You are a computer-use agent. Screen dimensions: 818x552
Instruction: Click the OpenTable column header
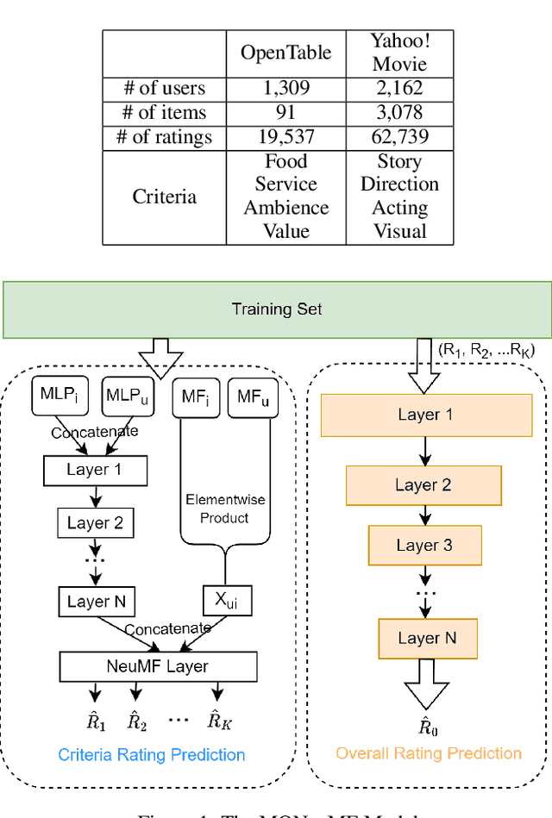coord(285,53)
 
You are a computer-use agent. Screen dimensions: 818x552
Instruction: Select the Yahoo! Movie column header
coord(398,53)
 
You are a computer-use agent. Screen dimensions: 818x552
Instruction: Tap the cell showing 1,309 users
coord(285,88)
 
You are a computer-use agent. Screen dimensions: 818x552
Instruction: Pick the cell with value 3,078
coord(398,113)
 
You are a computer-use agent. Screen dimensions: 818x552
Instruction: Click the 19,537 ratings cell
coord(285,138)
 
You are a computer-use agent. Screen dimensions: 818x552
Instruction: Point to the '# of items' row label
coord(164,113)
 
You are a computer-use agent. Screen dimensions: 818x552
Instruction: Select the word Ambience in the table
coord(285,208)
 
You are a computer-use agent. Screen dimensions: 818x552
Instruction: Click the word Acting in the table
coord(398,208)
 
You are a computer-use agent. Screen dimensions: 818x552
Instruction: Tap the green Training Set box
coord(276,309)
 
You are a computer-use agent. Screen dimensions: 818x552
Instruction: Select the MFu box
coord(253,397)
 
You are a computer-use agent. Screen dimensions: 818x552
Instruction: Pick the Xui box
coord(226,601)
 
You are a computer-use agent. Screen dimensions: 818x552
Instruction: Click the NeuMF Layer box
coord(158,666)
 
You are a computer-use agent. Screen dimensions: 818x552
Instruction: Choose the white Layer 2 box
coord(95,523)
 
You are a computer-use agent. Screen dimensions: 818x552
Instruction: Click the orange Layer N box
coord(427,638)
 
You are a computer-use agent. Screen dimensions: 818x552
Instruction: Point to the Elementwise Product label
coord(225,509)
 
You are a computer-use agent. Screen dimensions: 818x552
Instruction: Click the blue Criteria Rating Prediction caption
coord(152,755)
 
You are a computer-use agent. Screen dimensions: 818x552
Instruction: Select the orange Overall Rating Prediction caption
coord(429,753)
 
